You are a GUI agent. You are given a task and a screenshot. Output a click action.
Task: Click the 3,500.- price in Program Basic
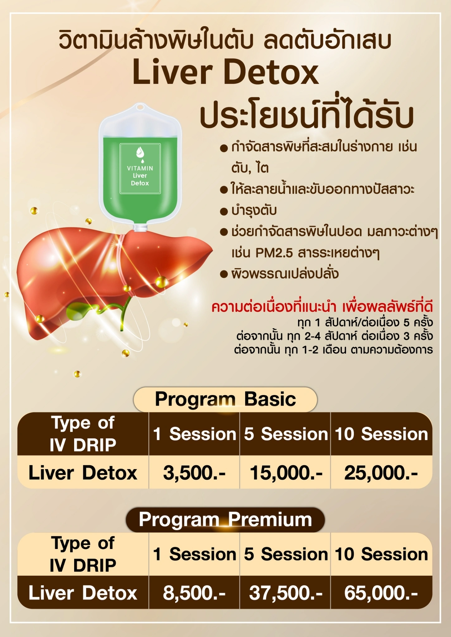[x=194, y=473]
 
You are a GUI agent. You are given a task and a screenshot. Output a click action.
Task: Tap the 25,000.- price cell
[x=381, y=473]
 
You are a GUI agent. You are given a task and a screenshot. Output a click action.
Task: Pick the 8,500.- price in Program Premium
[x=194, y=593]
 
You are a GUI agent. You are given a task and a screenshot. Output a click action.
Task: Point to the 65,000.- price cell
[x=381, y=593]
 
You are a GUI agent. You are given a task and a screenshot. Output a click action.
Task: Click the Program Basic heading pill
[x=225, y=399]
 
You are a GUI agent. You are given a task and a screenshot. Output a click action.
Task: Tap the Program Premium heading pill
[x=225, y=519]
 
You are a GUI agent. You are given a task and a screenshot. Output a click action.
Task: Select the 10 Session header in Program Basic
[x=382, y=434]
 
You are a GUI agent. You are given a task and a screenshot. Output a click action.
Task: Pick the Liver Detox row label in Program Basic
[x=83, y=473]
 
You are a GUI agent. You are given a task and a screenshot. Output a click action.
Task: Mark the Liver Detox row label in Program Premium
[x=83, y=593]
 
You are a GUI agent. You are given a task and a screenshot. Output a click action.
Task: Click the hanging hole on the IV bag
[x=140, y=107]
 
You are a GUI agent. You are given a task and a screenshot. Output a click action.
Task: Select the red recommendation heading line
[x=322, y=307]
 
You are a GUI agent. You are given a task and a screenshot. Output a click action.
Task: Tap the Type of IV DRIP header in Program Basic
[x=83, y=434]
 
